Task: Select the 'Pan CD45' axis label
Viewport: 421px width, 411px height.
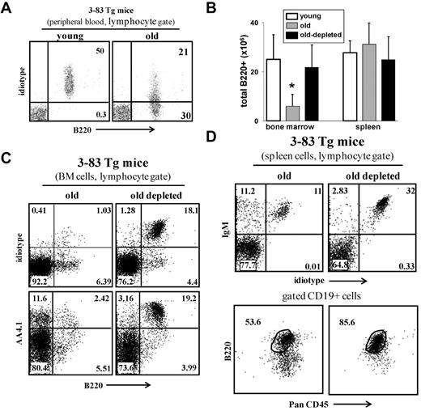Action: pos(321,401)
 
